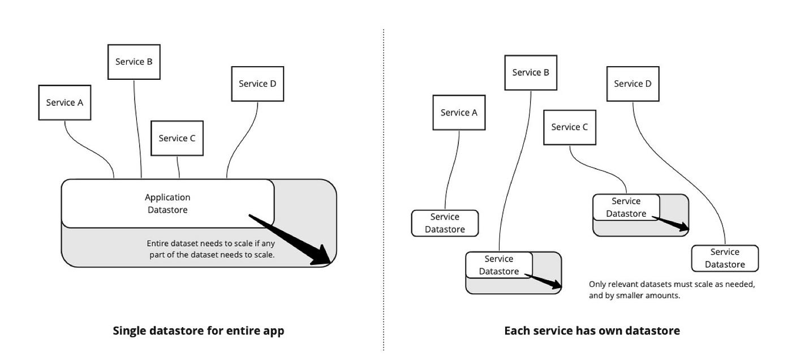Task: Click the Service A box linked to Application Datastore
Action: point(64,102)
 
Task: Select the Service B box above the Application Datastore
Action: point(134,62)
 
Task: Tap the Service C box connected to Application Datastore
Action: point(177,138)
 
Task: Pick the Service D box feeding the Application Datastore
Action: point(257,84)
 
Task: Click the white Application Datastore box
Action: point(168,203)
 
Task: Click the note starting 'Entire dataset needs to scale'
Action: point(211,249)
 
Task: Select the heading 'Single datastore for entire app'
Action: point(199,331)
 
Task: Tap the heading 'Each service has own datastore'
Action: point(592,331)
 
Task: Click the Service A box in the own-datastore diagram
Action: point(459,113)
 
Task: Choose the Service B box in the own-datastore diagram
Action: point(531,72)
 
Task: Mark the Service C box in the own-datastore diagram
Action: point(570,127)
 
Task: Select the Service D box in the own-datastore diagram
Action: point(633,84)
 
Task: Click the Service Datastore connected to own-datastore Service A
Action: point(445,223)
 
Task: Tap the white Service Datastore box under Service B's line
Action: point(499,265)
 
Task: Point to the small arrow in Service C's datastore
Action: point(670,223)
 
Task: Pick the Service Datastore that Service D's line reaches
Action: point(725,258)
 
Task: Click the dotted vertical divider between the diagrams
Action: point(384,190)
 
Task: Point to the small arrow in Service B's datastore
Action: point(543,281)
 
